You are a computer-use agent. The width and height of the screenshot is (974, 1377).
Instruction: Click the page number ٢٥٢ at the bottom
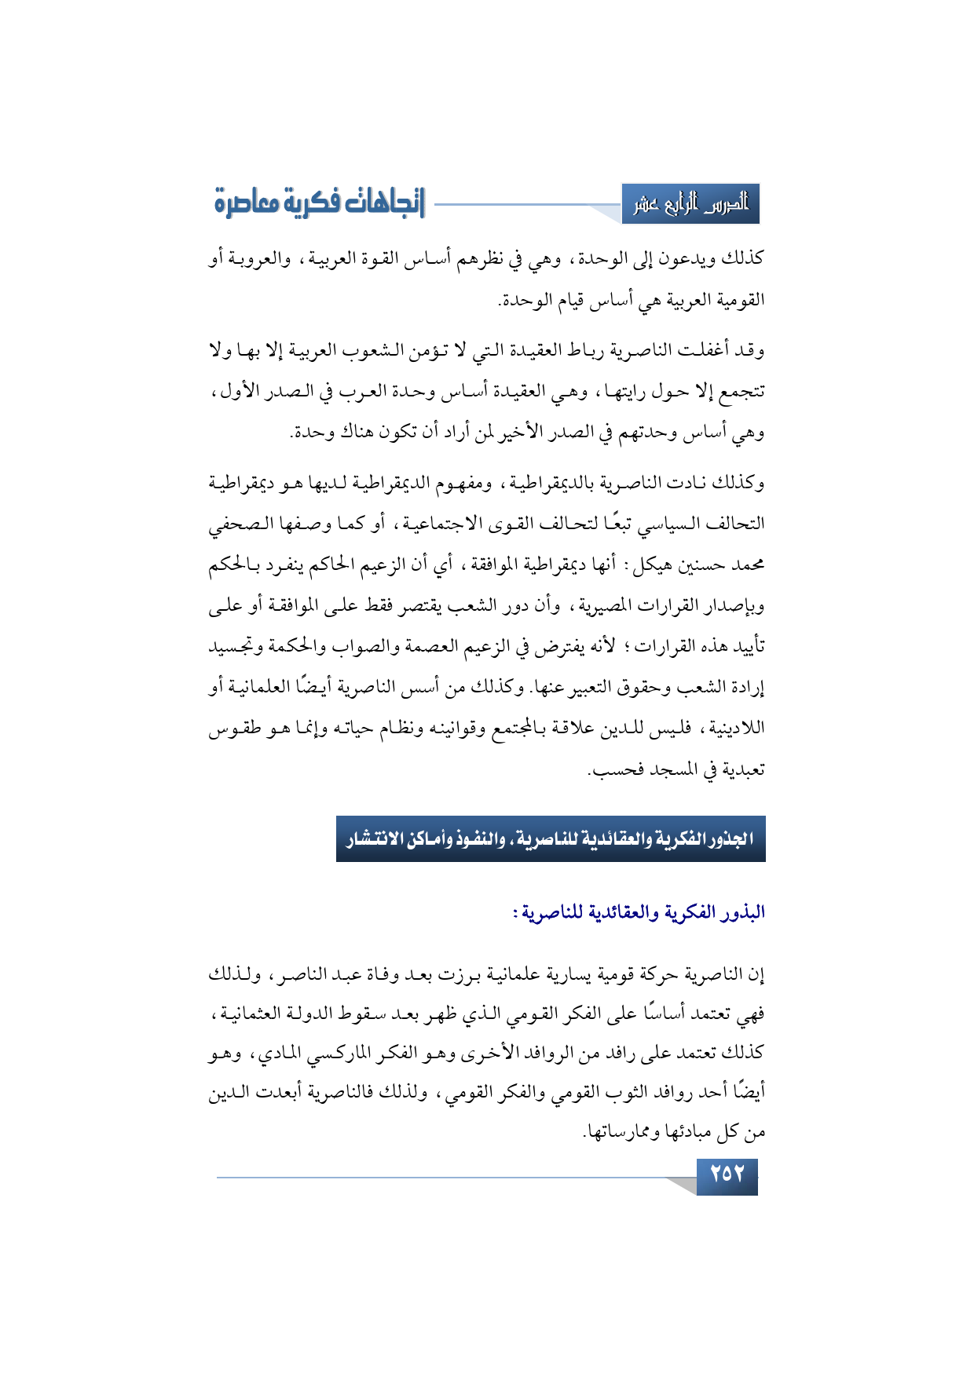727,1174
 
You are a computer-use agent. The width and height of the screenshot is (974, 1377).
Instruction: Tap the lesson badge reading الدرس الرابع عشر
690,204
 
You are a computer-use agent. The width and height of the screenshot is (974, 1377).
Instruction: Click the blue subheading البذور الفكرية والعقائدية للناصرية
638,912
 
